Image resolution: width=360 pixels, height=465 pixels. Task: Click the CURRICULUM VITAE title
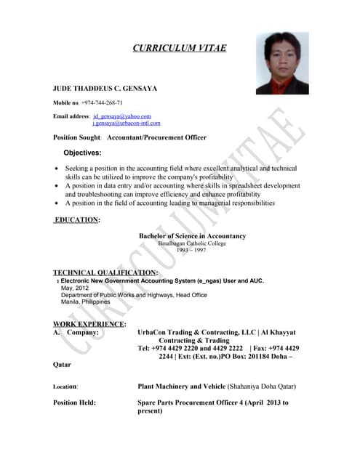click(179, 48)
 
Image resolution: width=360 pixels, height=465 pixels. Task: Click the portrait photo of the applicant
click(281, 63)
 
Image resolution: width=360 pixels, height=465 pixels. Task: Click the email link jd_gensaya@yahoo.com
click(121, 116)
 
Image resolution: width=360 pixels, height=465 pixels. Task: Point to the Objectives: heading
click(82, 153)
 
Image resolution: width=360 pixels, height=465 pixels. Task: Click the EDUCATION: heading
click(78, 219)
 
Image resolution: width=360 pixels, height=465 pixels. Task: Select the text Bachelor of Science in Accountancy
click(192, 236)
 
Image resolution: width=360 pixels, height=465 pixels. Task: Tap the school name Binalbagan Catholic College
click(192, 243)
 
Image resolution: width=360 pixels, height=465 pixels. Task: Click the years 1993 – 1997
click(191, 250)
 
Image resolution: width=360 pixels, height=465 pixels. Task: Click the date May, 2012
click(75, 288)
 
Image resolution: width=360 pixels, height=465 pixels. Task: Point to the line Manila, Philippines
click(85, 302)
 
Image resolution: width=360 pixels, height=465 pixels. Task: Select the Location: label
click(66, 387)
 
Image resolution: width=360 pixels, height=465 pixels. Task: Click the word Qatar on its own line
click(63, 365)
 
